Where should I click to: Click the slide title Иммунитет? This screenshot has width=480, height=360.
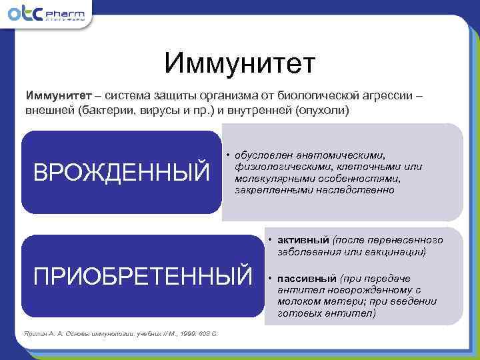click(x=239, y=65)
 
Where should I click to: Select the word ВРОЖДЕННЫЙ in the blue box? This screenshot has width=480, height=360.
click(x=121, y=173)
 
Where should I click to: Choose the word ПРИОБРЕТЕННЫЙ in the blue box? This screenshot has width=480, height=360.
click(x=143, y=274)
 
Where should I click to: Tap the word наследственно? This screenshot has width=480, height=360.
click(x=363, y=190)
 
